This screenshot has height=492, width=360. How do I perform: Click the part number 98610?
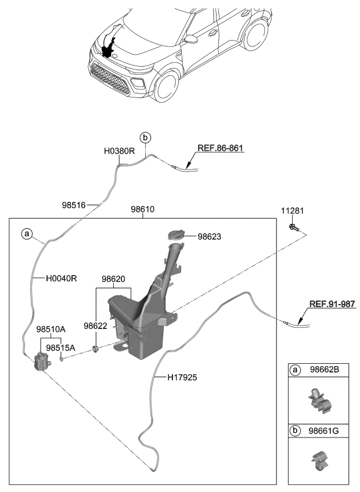tap(142, 209)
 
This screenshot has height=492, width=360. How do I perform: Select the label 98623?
tap(210, 237)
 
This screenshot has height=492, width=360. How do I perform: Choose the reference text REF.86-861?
tap(220, 149)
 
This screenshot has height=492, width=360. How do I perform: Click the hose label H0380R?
tap(119, 151)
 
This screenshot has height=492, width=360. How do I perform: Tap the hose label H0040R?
tap(62, 278)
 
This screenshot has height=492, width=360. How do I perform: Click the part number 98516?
tap(74, 205)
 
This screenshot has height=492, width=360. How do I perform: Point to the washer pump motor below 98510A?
tap(41, 363)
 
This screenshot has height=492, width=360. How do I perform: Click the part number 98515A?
tap(60, 348)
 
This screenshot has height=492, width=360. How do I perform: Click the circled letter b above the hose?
tap(145, 138)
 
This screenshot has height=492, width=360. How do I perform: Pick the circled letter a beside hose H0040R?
tap(26, 234)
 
